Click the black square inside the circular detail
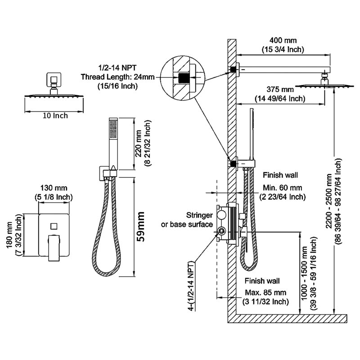183,78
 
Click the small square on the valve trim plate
53,225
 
